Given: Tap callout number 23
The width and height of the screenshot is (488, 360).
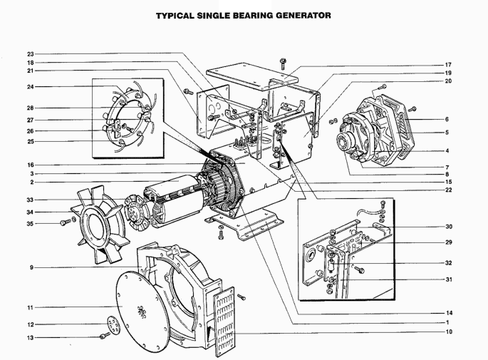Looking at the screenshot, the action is pos(30,54).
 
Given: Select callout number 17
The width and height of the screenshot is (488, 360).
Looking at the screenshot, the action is pos(448,65).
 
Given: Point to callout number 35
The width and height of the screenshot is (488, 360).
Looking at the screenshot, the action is pos(30,224).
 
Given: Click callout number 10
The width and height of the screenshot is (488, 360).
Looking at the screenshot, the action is pos(449,331).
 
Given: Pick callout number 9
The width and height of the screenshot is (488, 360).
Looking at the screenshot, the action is pos(31,267).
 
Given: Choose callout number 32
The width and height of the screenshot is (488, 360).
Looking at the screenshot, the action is pos(448,263).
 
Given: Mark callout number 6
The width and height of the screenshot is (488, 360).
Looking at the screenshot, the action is pos(447,119).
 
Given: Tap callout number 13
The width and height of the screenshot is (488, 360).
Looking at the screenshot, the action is pos(30,338).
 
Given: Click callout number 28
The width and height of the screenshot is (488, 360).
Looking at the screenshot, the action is pos(30,108).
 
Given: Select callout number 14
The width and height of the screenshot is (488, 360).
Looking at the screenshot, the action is pos(449,313).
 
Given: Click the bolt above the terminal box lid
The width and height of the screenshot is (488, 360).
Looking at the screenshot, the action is pos(284,63).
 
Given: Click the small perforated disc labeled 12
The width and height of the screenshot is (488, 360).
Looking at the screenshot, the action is pos(113,325).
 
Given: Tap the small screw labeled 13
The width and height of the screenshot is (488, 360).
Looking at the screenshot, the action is pos(105,336).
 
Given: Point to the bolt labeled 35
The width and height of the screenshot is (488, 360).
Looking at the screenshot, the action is pos(66,222).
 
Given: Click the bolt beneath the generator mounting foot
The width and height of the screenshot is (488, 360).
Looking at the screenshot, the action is pos(221,235).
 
